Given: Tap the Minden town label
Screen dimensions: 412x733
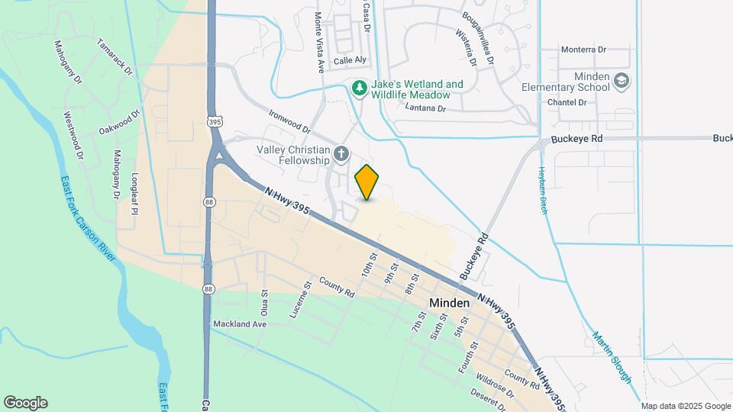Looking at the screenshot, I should click(x=449, y=303).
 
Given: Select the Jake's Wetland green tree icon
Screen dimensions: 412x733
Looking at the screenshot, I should click(x=360, y=89).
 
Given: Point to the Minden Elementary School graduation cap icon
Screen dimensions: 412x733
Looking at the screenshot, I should click(x=622, y=80).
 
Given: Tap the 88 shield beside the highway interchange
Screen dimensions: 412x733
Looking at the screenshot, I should click(x=208, y=201).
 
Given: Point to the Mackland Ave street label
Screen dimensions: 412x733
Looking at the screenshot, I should click(x=239, y=324).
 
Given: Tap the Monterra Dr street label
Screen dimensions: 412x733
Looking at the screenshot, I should click(x=583, y=50).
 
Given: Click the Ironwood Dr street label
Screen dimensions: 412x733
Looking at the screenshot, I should click(x=289, y=121).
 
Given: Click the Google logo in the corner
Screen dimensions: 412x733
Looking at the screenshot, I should click(x=25, y=403).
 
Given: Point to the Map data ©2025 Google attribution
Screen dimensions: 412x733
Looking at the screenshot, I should click(x=686, y=406).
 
